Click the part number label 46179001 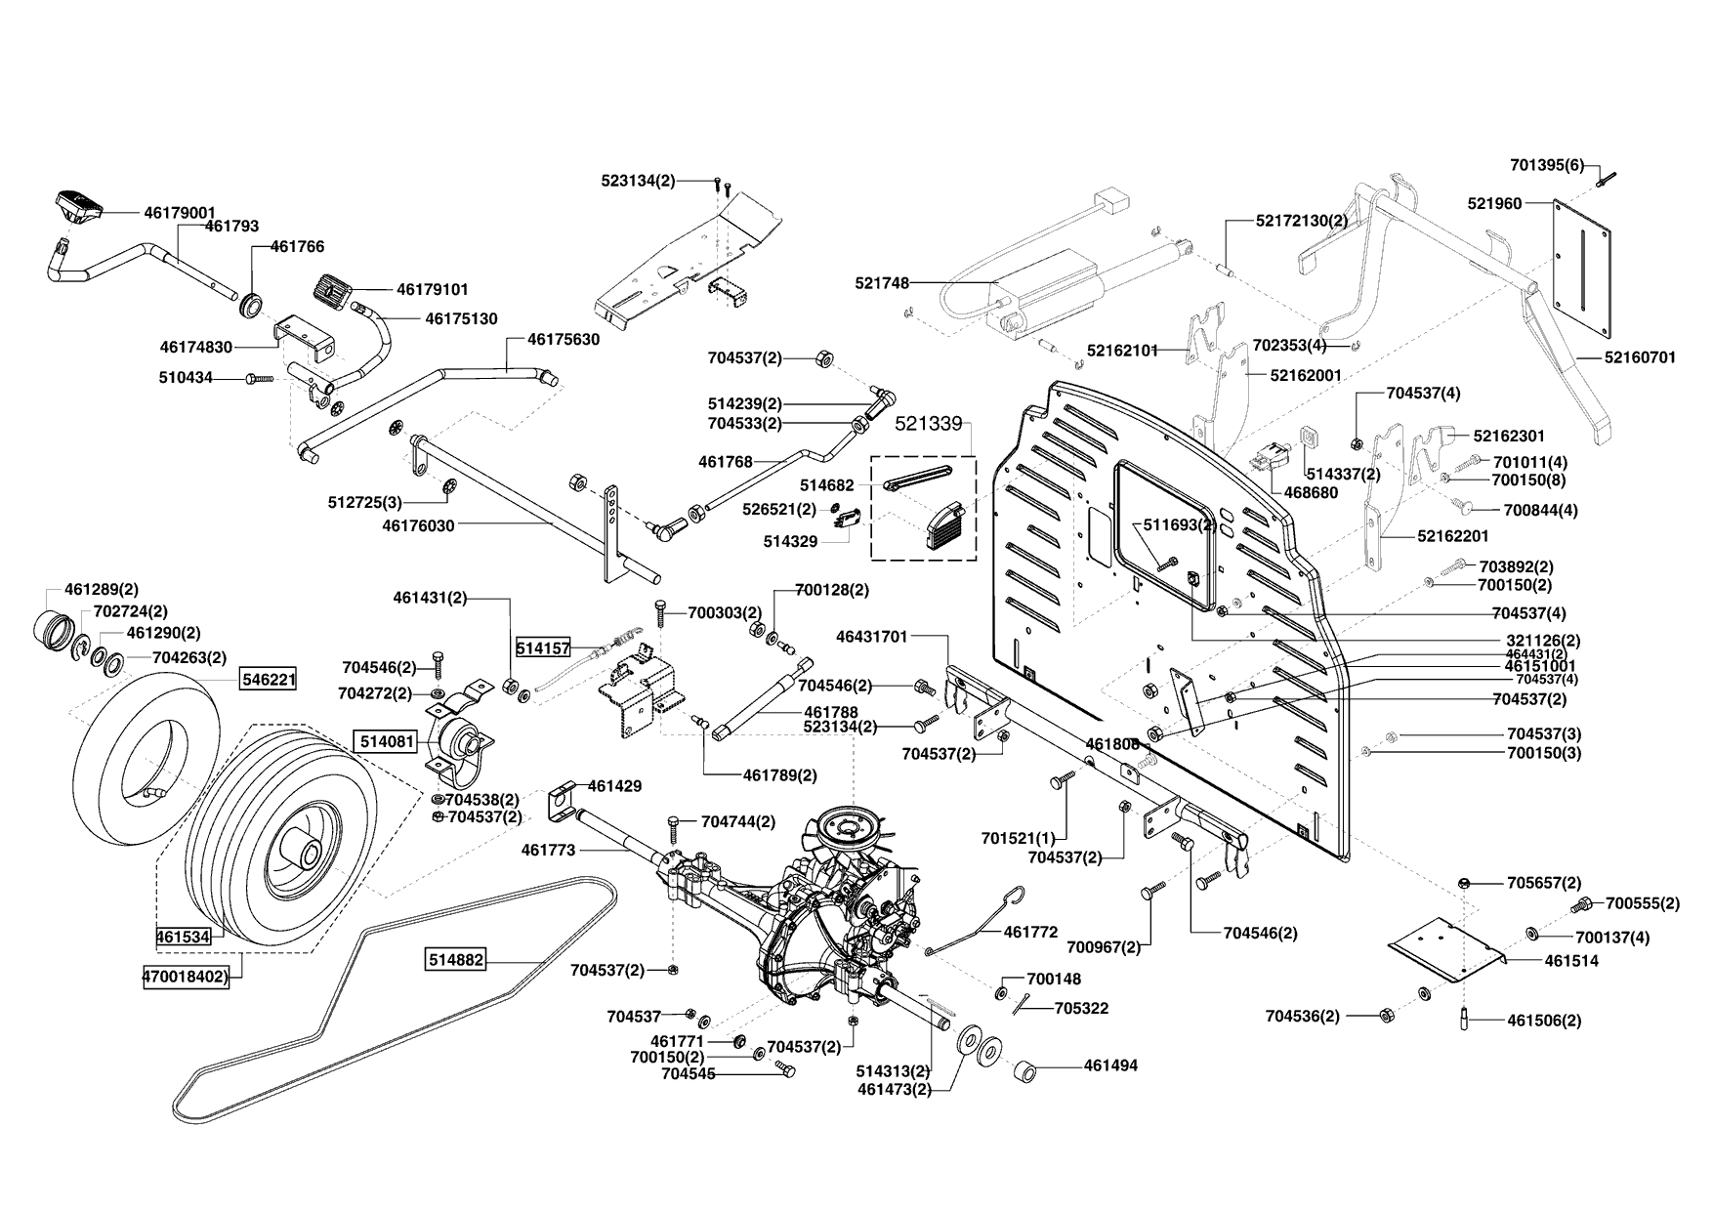179,212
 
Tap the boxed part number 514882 456,960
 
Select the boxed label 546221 270,678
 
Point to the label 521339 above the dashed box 929,424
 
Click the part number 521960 1494,203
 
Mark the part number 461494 1110,1065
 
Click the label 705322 1081,1008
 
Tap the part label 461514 1571,960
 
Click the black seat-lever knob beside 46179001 79,205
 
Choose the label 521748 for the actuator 882,283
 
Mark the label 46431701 872,637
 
